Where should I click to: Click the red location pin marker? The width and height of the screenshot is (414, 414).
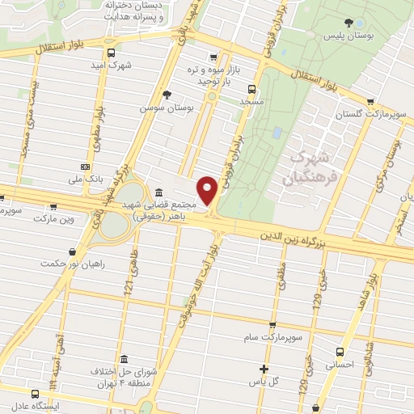208,190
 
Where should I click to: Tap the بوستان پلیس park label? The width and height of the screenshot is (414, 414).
344,37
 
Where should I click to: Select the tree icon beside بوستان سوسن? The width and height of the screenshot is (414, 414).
167,95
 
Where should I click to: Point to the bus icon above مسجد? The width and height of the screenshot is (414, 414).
251,90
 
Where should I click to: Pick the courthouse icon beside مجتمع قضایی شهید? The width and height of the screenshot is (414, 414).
158,192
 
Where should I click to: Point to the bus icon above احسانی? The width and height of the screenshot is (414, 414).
340,352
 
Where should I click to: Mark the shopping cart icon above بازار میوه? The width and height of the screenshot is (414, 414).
213,57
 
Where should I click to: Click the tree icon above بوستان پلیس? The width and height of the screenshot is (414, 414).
348,23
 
